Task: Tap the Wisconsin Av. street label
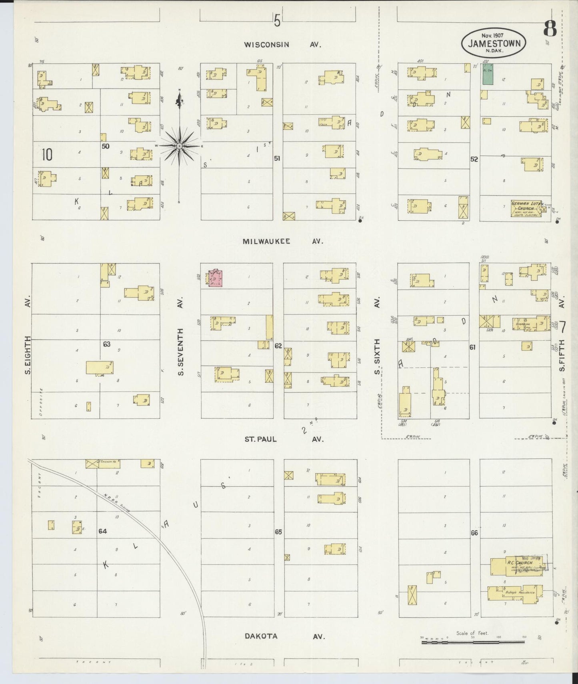(x=283, y=45)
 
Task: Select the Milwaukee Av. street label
(x=283, y=241)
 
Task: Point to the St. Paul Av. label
(x=283, y=439)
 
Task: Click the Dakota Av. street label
(x=283, y=636)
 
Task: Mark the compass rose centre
(x=180, y=146)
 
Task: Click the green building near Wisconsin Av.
(x=487, y=74)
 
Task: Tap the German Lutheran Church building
(x=526, y=208)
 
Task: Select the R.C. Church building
(x=518, y=564)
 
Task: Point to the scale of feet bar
(x=473, y=642)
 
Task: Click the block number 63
(x=106, y=344)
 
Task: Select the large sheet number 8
(x=550, y=29)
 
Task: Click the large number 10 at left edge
(x=47, y=155)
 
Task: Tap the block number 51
(x=277, y=159)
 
